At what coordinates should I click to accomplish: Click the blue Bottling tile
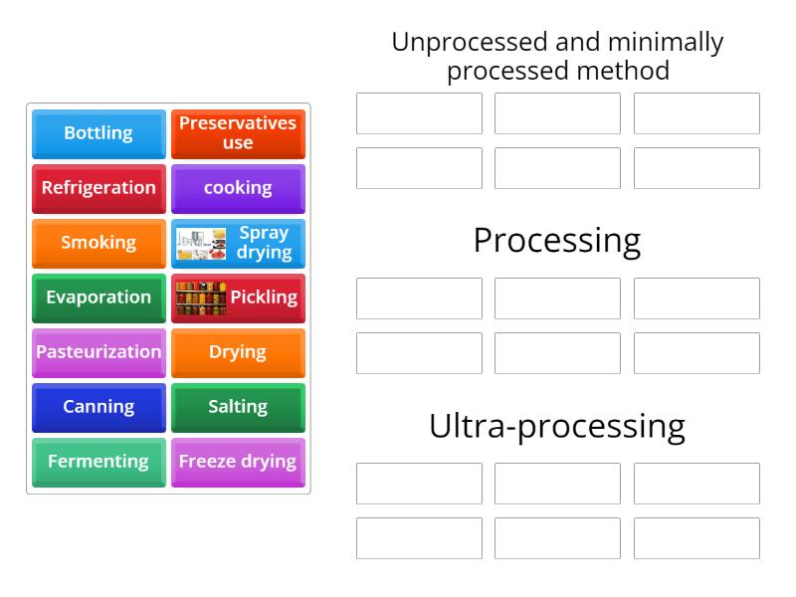pyautogui.click(x=99, y=133)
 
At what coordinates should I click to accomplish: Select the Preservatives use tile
pyautogui.click(x=238, y=133)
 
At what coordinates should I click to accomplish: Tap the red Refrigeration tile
pyautogui.click(x=99, y=188)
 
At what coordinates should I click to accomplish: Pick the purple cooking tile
pyautogui.click(x=238, y=188)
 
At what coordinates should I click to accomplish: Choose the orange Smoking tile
pyautogui.click(x=99, y=243)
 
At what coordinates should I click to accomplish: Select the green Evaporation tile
pyautogui.click(x=99, y=298)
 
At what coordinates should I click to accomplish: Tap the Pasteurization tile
pyautogui.click(x=99, y=352)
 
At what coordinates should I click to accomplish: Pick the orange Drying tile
pyautogui.click(x=238, y=352)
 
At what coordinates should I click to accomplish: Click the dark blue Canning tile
pyautogui.click(x=99, y=407)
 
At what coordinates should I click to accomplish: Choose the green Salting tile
pyautogui.click(x=238, y=407)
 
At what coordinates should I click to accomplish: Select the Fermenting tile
pyautogui.click(x=99, y=462)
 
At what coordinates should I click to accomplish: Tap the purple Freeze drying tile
pyautogui.click(x=238, y=462)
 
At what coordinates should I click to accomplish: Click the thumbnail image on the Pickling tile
pyautogui.click(x=201, y=298)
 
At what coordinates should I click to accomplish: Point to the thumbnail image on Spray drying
pyautogui.click(x=201, y=244)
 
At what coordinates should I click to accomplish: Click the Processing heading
pyautogui.click(x=557, y=240)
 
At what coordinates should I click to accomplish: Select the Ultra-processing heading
pyautogui.click(x=557, y=425)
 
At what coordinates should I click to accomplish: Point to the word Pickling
pyautogui.click(x=264, y=298)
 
